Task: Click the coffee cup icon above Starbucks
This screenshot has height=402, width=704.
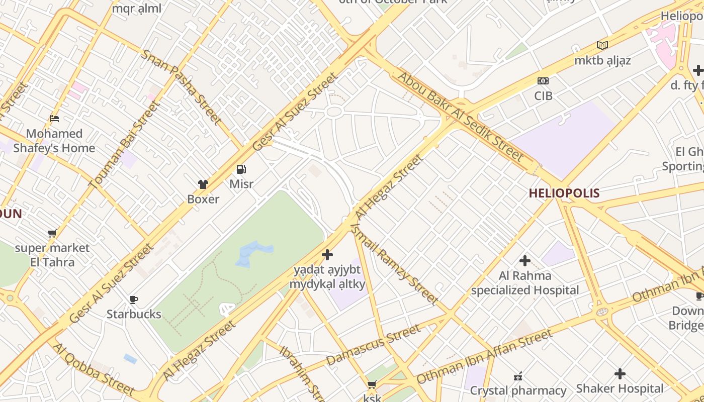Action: click(x=134, y=300)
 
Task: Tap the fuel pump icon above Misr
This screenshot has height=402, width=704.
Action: click(x=241, y=169)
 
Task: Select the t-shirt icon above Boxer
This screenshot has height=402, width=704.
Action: click(x=203, y=184)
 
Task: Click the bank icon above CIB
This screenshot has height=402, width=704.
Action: click(x=543, y=81)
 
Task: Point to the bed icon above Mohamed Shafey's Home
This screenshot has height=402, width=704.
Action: click(x=54, y=119)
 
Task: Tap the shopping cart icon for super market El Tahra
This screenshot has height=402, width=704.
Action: click(x=52, y=234)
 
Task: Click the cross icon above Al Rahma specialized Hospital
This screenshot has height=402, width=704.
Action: click(x=525, y=261)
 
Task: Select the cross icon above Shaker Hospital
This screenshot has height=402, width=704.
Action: click(x=620, y=374)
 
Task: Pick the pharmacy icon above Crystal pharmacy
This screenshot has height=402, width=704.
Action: click(x=518, y=376)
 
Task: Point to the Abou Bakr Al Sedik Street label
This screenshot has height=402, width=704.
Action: click(x=461, y=117)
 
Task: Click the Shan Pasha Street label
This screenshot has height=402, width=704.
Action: click(x=181, y=87)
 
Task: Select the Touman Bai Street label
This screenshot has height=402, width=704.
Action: click(x=124, y=145)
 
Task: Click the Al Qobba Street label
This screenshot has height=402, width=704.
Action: click(x=94, y=369)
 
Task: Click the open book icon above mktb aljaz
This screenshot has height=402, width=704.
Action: click(x=602, y=45)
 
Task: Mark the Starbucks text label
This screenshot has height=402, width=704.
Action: click(x=134, y=315)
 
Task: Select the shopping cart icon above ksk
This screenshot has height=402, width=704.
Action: click(x=372, y=385)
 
